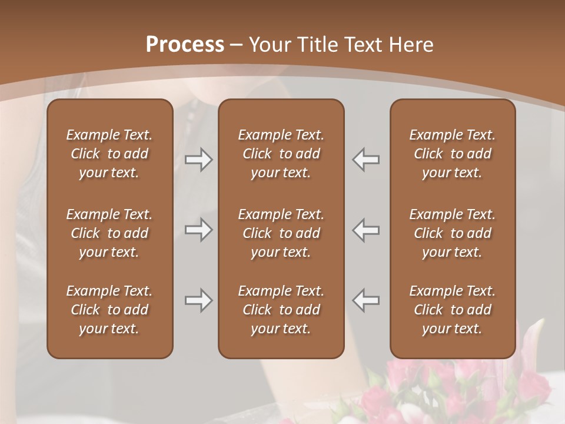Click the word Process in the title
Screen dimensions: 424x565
pos(185,45)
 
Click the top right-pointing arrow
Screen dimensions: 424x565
pos(199,160)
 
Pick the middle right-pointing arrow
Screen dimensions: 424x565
pos(199,230)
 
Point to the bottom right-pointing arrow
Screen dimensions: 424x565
pos(199,300)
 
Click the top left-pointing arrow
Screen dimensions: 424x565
pos(365,160)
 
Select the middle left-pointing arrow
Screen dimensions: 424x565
pos(365,230)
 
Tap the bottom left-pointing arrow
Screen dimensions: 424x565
pos(365,300)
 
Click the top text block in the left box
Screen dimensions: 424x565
pos(109,154)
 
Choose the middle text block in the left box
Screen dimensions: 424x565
pos(109,233)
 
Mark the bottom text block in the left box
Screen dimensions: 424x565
pos(109,310)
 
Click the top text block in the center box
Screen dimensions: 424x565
pos(281,154)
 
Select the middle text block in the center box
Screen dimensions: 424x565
pos(281,233)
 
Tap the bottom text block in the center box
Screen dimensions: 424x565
pos(281,310)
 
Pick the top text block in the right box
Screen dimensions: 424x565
pos(452,154)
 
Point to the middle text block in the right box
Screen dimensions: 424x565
pos(452,233)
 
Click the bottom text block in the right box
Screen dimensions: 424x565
pos(452,310)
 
